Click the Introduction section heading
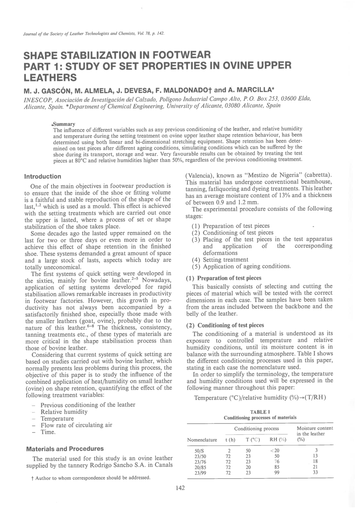tap(43, 176)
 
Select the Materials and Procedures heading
tap(65, 449)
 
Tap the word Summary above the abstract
tap(64, 124)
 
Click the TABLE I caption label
tap(260, 412)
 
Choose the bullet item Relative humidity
tap(64, 412)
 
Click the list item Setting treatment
tap(225, 259)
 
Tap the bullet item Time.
tap(48, 432)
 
